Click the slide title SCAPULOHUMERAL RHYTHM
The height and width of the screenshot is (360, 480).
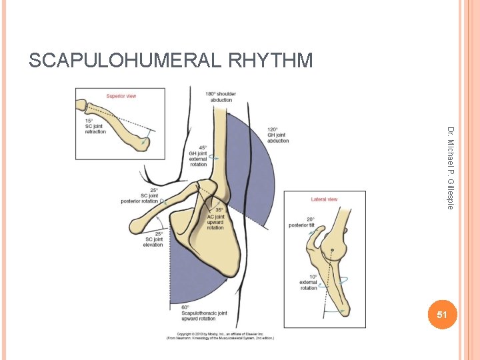click(171, 61)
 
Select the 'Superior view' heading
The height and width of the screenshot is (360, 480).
click(122, 96)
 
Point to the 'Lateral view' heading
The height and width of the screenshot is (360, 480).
click(324, 199)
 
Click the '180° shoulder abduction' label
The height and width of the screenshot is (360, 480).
click(221, 97)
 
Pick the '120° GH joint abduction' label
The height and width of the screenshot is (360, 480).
click(278, 135)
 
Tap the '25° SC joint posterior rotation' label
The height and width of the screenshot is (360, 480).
click(139, 195)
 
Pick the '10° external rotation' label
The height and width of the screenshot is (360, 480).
click(308, 283)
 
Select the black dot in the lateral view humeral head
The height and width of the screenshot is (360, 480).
click(332, 252)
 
